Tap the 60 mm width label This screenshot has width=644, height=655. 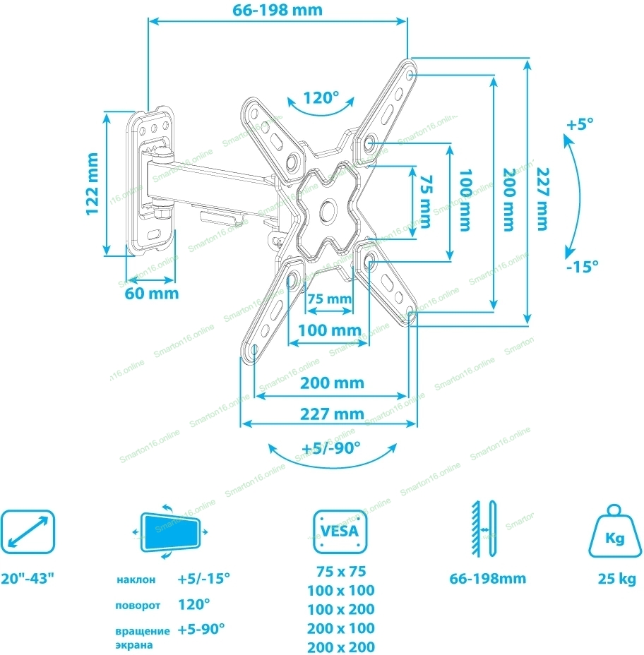[152, 292]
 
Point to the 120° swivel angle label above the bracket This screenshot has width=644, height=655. [321, 97]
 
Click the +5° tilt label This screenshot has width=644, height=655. [580, 124]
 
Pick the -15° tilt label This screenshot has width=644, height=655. [582, 266]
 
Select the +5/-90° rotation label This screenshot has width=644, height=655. [331, 447]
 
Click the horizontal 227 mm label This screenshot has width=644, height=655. [332, 414]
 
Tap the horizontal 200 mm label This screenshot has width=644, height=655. [332, 383]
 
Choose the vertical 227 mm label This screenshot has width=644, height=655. [542, 199]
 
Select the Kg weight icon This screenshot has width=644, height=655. [614, 534]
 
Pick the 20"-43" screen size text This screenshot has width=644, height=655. [28, 579]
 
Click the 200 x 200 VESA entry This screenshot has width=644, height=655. [341, 647]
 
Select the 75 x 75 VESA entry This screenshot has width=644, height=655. [341, 571]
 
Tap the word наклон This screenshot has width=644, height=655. [136, 580]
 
